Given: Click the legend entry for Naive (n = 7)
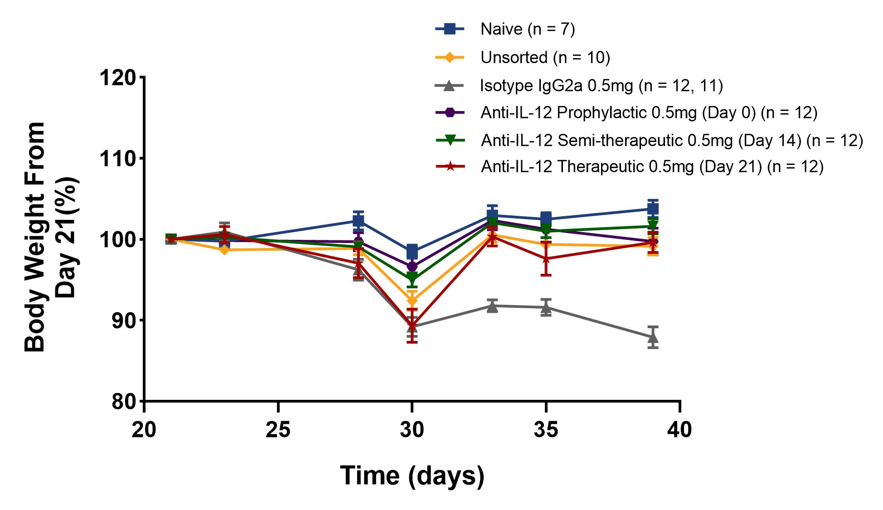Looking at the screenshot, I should [x=527, y=29].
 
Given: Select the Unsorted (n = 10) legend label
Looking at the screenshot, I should [x=545, y=58].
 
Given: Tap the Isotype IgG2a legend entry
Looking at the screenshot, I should [x=601, y=85].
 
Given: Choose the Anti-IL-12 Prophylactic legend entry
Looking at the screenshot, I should [x=649, y=113].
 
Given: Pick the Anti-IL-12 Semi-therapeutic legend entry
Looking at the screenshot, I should [x=671, y=141].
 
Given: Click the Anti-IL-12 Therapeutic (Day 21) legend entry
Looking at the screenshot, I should [x=652, y=167].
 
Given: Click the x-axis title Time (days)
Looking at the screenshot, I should [x=412, y=476].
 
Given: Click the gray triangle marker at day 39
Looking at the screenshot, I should [x=653, y=338].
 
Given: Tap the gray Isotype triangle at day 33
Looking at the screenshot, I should [x=492, y=306].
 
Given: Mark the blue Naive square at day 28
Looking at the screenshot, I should [x=359, y=221].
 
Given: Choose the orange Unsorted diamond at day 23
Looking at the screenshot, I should [x=224, y=249].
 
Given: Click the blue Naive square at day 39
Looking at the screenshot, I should [x=653, y=209].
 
